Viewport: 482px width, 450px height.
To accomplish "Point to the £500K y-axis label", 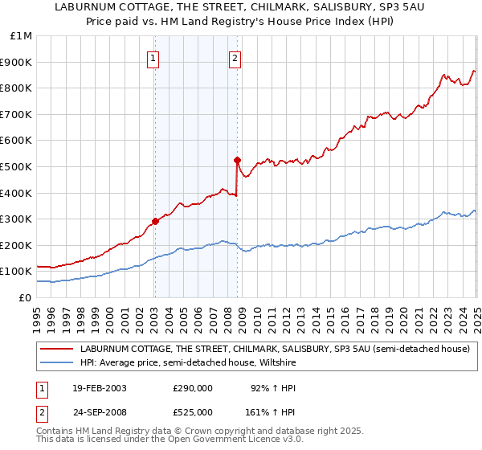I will (18, 166).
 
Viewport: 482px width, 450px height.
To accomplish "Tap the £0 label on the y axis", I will (26, 297).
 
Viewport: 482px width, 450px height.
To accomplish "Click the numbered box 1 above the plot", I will (153, 57).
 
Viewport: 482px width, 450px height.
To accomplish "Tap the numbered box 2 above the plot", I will (235, 57).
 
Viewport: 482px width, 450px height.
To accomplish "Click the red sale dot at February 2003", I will (155, 222).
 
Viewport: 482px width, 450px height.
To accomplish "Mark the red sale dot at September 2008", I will (237, 160).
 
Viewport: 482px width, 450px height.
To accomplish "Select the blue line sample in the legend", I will (55, 362).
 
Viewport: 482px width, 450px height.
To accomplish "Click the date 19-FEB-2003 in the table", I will (99, 388).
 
